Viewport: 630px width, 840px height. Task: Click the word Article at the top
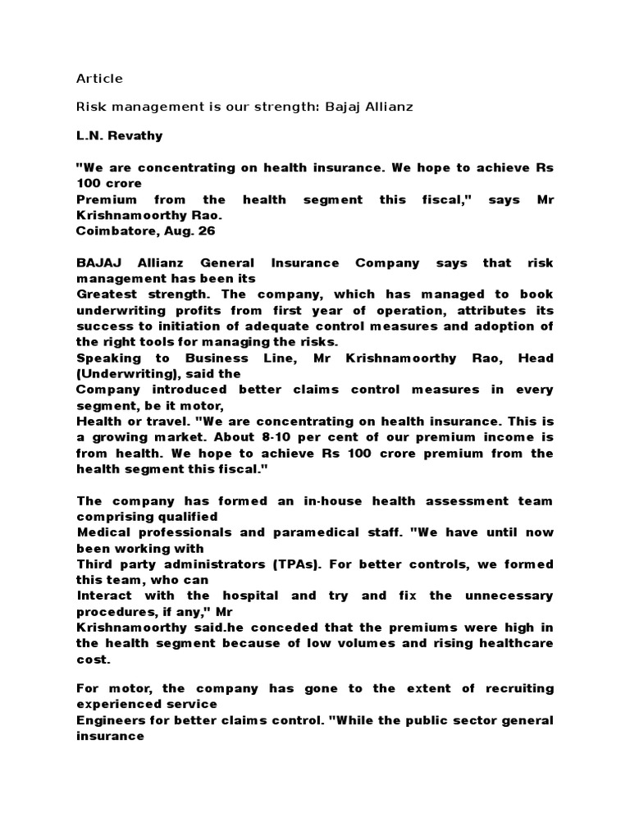99,79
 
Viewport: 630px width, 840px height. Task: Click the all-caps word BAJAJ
97,263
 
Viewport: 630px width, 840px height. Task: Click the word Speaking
104,358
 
